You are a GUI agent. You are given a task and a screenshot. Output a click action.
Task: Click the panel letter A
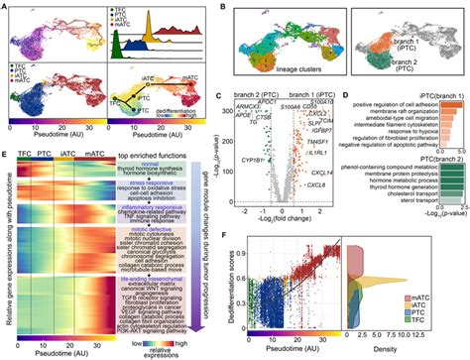coord(6,7)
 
